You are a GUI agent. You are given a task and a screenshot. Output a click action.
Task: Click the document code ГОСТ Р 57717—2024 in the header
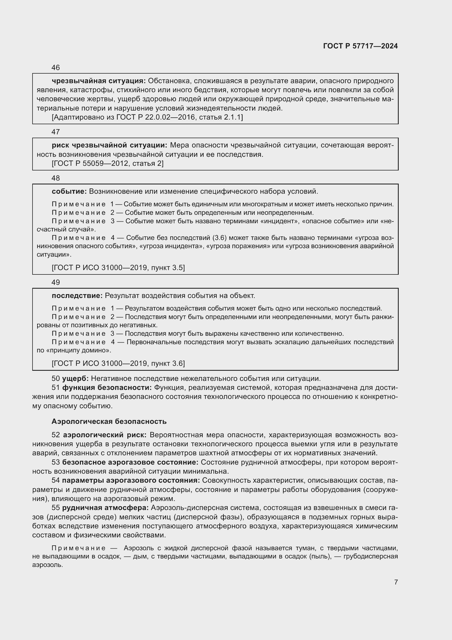(360, 46)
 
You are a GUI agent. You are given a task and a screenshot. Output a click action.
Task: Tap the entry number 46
(56, 68)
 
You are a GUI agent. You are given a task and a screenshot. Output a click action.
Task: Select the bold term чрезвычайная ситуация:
(99, 81)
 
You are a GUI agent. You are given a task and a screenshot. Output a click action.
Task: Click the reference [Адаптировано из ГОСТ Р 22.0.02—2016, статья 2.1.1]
(147, 117)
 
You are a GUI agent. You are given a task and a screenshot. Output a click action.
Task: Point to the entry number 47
(56, 132)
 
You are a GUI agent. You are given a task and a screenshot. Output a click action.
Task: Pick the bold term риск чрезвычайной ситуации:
(109, 145)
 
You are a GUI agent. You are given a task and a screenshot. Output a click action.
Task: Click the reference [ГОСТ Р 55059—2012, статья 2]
(108, 163)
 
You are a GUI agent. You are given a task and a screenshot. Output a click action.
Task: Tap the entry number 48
(56, 178)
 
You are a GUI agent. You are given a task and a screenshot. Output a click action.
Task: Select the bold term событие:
(69, 192)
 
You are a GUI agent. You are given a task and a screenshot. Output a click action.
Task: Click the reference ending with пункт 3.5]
(118, 268)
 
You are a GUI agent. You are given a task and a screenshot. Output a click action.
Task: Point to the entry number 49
(56, 282)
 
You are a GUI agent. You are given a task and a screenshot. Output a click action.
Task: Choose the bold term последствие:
(77, 296)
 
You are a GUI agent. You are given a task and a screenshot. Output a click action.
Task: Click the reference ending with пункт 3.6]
(118, 363)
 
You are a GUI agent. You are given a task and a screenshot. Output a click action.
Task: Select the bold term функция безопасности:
(107, 388)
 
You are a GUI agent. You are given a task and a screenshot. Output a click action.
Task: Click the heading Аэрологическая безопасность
(109, 421)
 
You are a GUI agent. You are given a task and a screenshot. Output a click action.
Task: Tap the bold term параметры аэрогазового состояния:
(131, 480)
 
